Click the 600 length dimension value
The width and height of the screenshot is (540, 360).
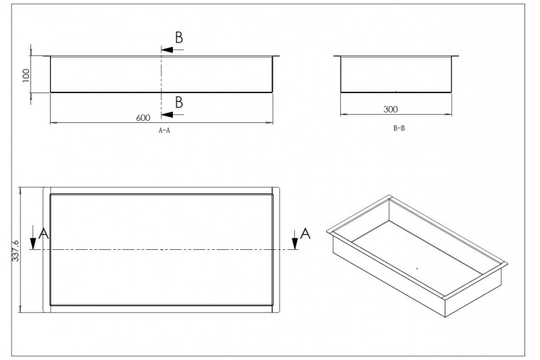[x=143, y=118]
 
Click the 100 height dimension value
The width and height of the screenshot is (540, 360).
[x=26, y=76]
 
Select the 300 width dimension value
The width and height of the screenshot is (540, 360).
[x=391, y=109]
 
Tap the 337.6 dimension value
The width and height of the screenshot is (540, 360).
[x=16, y=251]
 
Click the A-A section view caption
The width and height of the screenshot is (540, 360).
[x=164, y=130]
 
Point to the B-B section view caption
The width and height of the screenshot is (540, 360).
[x=399, y=128]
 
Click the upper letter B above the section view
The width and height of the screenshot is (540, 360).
[x=179, y=38]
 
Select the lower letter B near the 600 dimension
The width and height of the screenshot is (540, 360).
[x=179, y=102]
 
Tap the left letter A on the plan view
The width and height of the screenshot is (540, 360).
[x=44, y=234]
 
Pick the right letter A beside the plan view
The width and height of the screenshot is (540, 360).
[x=306, y=234]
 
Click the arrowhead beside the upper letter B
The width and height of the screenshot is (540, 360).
[x=167, y=49]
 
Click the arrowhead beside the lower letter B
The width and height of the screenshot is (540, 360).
[x=167, y=114]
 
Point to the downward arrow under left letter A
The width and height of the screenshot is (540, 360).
[x=33, y=237]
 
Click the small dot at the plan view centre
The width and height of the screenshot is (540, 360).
[x=162, y=249]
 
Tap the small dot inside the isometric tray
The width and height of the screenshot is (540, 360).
[x=417, y=268]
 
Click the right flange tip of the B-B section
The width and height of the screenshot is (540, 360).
[x=459, y=56]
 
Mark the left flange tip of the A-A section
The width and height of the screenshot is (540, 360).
[x=44, y=56]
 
